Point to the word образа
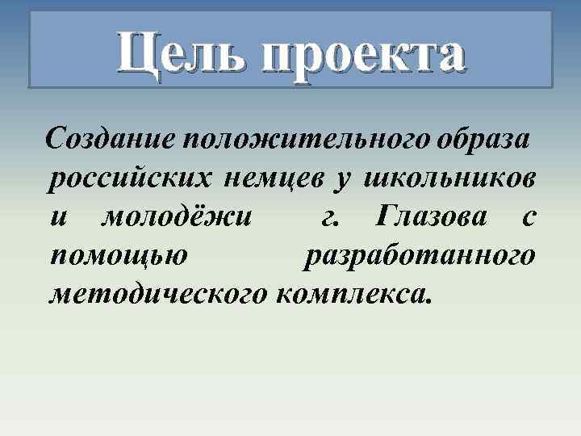(484, 138)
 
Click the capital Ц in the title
(138, 55)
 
